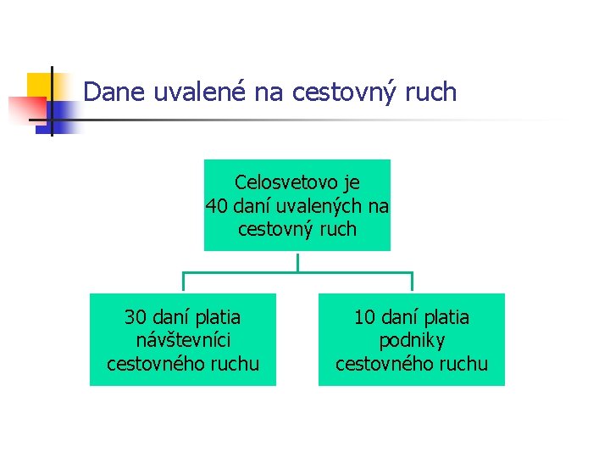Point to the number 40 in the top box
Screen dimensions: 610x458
pos(217,206)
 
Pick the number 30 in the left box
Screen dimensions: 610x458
pos(136,318)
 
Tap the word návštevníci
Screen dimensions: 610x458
pos(182,341)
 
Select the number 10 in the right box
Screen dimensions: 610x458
pos(364,318)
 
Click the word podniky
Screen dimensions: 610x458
pos(411,341)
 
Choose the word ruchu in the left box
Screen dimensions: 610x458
pos(235,365)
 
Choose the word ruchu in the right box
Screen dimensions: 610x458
pos(463,365)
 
